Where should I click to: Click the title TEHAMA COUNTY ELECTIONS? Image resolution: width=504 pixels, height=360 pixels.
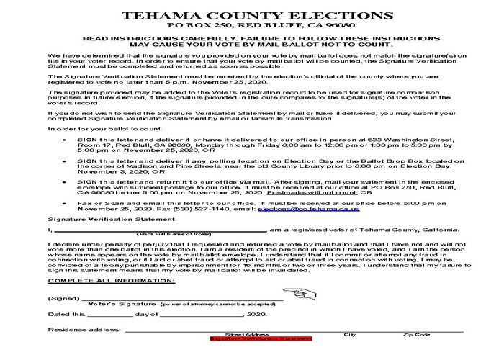click(251, 16)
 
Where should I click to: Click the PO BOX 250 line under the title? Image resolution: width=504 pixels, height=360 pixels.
click(251, 26)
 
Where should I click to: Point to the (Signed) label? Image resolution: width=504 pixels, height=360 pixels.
click(60, 298)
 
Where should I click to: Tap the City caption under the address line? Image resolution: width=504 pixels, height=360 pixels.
click(350, 334)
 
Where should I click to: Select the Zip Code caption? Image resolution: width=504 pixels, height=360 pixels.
click(417, 334)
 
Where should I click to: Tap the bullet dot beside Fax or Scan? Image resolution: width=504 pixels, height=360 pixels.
click(66, 203)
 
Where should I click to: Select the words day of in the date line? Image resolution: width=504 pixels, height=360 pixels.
click(146, 315)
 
